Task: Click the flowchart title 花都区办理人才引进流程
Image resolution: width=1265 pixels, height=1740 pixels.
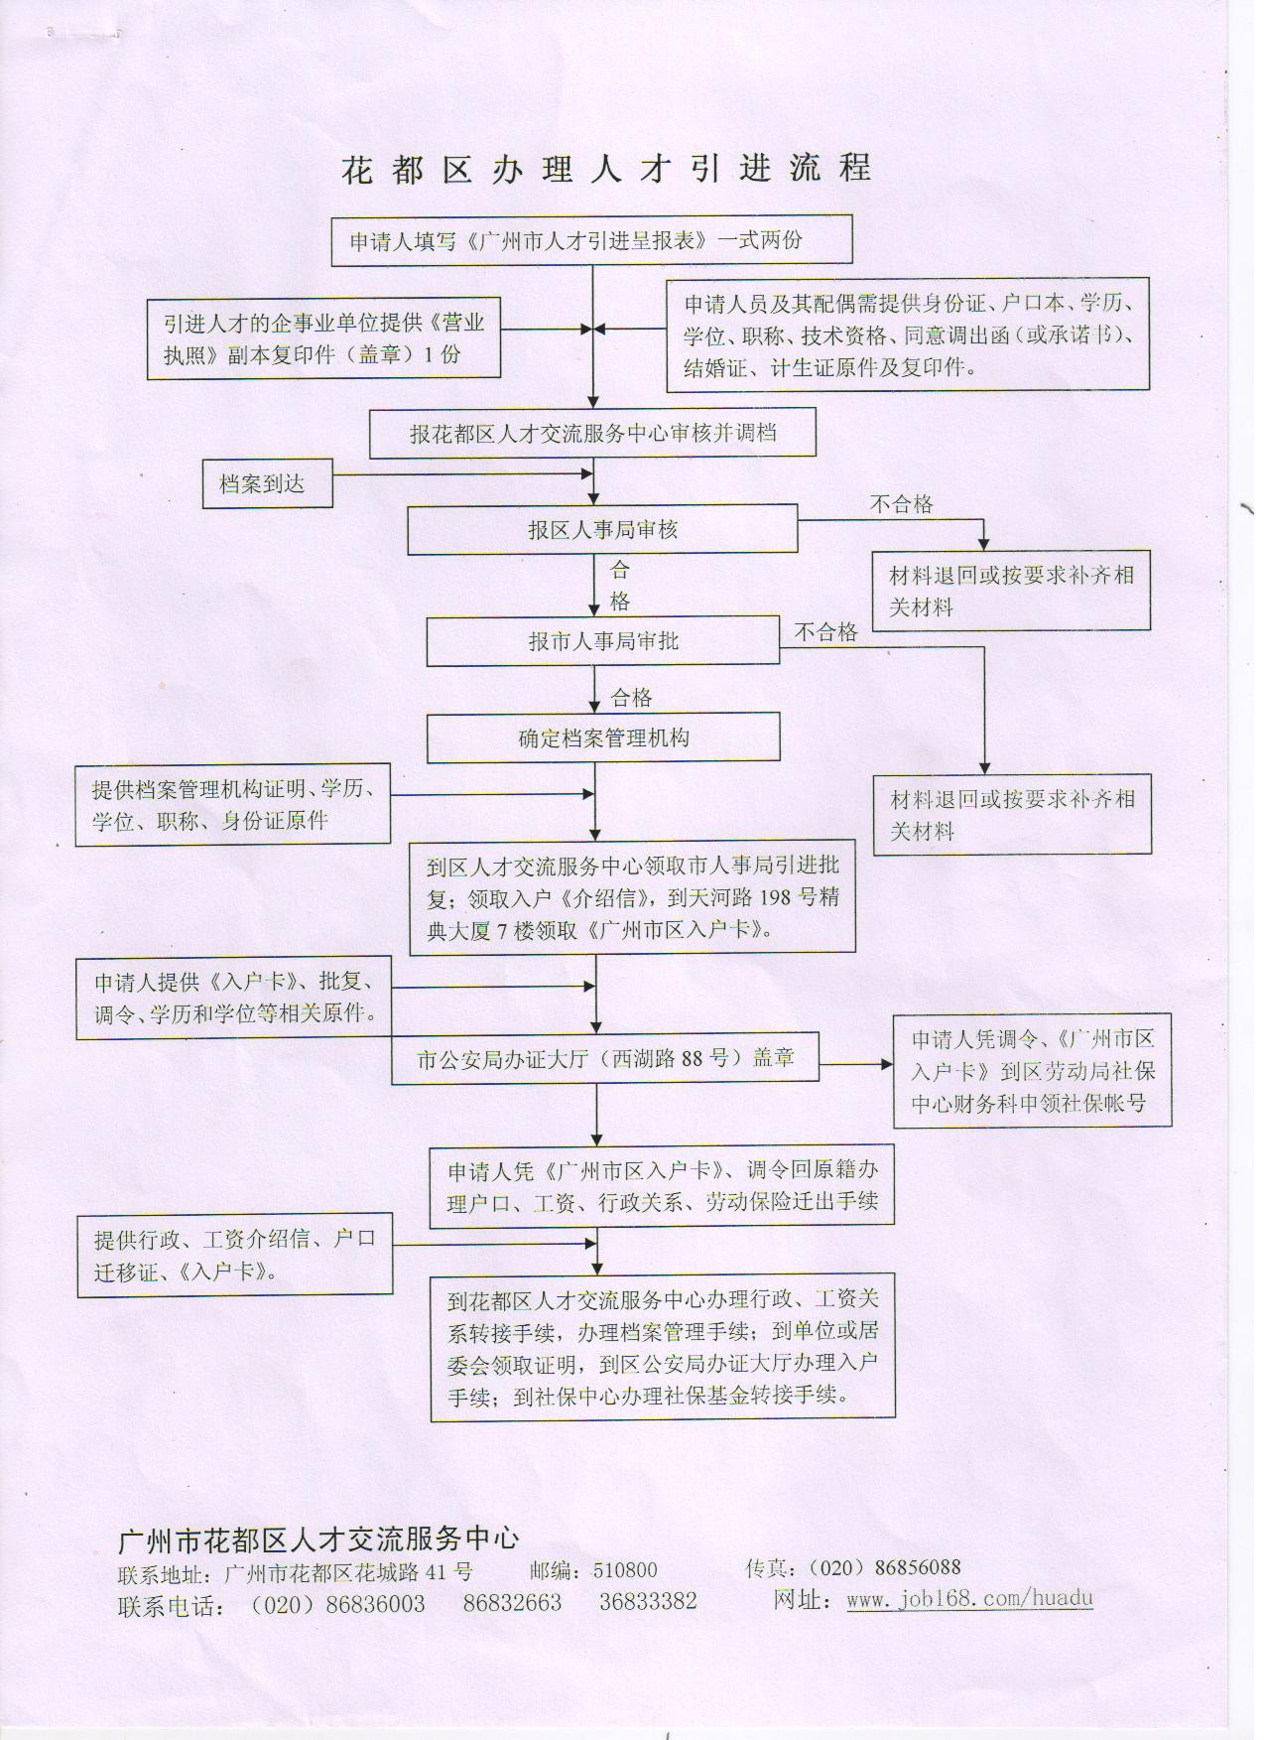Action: (606, 169)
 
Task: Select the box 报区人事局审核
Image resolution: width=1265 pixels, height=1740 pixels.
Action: (602, 530)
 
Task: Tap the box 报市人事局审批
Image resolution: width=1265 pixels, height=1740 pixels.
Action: (602, 641)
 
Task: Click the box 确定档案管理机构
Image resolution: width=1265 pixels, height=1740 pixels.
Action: (603, 738)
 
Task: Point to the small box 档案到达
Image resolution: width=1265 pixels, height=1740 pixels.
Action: (266, 484)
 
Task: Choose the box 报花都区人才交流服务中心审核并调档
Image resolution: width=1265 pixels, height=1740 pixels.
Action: (592, 434)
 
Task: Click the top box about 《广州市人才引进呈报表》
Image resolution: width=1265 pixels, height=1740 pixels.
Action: (591, 240)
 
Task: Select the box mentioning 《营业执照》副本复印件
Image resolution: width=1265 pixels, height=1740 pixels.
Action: (323, 338)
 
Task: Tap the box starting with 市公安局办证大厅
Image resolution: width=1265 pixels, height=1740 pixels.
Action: (605, 1058)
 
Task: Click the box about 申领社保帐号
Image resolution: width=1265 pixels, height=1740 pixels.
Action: (1032, 1071)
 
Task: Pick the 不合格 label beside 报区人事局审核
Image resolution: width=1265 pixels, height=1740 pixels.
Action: (901, 504)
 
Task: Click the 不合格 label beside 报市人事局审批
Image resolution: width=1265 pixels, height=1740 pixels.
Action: (825, 632)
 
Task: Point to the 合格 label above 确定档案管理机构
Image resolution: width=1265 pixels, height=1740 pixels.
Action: (632, 698)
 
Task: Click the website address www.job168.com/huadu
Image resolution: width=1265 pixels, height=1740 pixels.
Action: (969, 1599)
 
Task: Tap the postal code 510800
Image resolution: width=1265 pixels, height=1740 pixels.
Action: (625, 1570)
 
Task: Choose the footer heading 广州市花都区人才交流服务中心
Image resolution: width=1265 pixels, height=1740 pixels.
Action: (318, 1539)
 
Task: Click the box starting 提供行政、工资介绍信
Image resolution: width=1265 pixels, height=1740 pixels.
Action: (235, 1255)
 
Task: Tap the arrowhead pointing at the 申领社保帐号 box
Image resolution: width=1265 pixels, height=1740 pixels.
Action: (887, 1064)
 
